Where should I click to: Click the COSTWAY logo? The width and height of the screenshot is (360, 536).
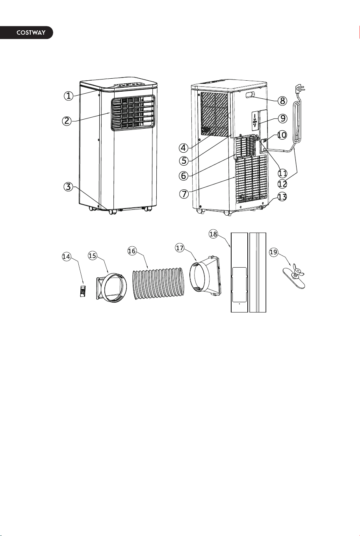tap(31, 33)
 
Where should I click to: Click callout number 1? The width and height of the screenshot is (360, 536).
tap(69, 96)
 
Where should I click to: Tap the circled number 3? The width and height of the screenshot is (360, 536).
tap(69, 187)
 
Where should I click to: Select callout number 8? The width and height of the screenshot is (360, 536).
tap(282, 100)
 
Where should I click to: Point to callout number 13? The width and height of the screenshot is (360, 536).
tap(282, 197)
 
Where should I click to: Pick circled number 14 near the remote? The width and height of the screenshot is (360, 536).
tap(66, 257)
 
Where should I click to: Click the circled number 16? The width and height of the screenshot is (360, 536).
tap(132, 251)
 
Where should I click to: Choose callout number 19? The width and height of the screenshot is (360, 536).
tap(273, 252)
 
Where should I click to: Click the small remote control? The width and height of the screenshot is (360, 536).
tap(83, 291)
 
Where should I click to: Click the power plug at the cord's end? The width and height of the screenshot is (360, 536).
tap(300, 89)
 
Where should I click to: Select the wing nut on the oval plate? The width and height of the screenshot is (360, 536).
tap(297, 272)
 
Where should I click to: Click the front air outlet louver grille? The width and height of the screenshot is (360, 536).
tap(133, 113)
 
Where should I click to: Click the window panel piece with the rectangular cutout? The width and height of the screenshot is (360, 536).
tap(239, 272)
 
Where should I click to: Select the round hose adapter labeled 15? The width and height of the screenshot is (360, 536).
tap(111, 287)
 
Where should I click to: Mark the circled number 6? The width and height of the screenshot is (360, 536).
tap(184, 176)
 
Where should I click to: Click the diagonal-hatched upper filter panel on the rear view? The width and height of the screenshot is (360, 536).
tap(214, 114)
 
